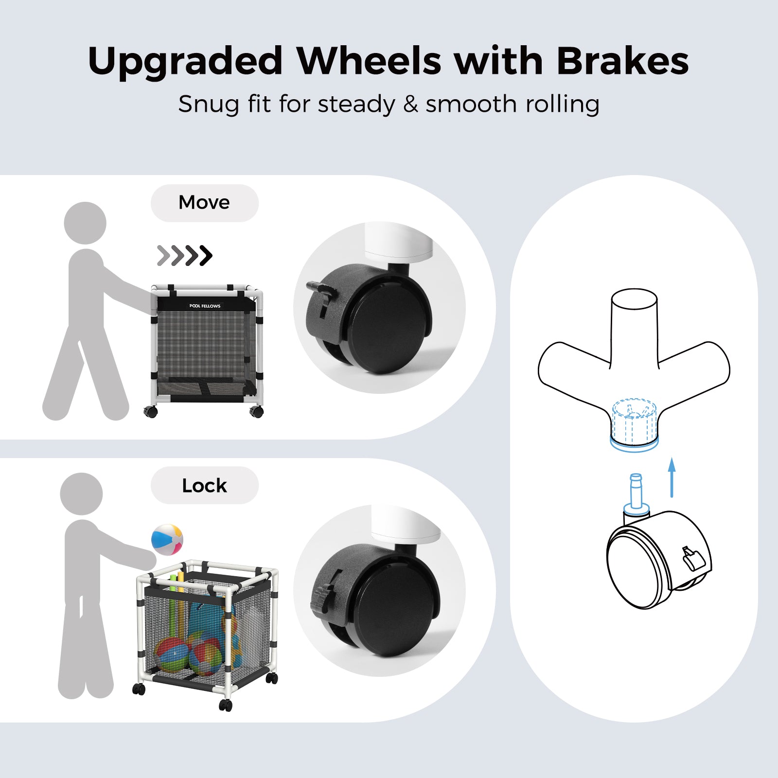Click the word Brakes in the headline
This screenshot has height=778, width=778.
pyautogui.click(x=622, y=61)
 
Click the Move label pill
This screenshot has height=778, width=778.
pyautogui.click(x=204, y=203)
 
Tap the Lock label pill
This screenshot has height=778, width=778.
pyautogui.click(x=204, y=485)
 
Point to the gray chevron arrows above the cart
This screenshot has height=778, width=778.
pyautogui.click(x=185, y=255)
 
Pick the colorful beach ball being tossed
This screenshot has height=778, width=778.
pyautogui.click(x=167, y=539)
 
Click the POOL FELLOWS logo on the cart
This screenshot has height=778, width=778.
pyautogui.click(x=205, y=306)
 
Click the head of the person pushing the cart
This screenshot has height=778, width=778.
pyautogui.click(x=85, y=223)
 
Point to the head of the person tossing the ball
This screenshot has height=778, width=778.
pyautogui.click(x=81, y=494)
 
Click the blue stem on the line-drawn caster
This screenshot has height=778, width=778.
pyautogui.click(x=636, y=494)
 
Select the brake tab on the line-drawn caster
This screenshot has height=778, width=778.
pyautogui.click(x=693, y=558)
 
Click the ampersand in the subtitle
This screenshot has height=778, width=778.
pyautogui.click(x=410, y=104)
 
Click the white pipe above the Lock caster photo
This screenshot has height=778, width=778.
pyautogui.click(x=407, y=524)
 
